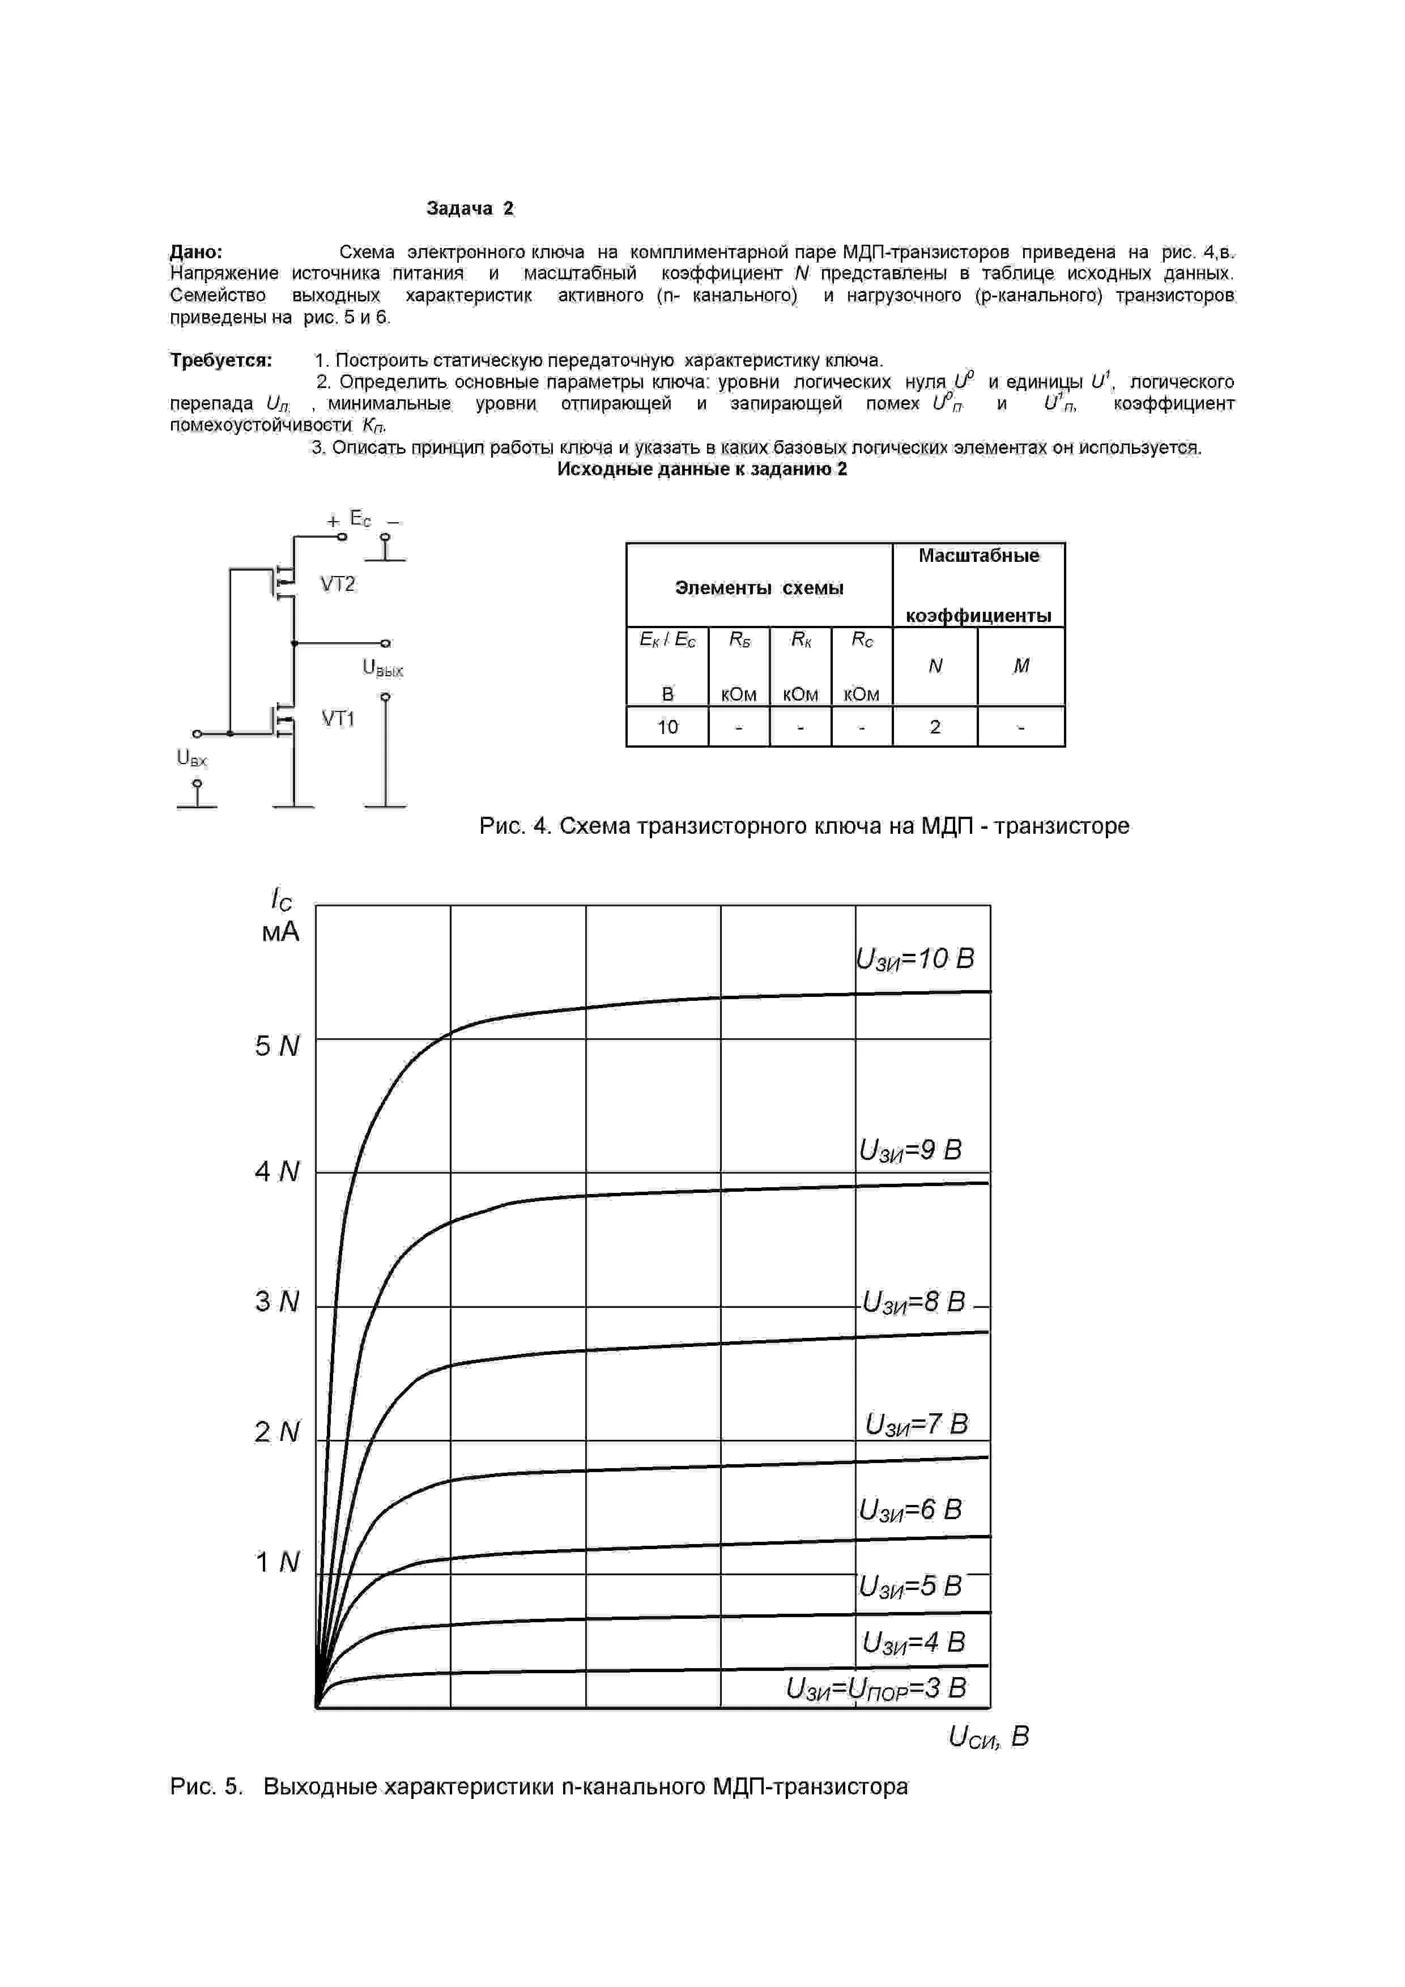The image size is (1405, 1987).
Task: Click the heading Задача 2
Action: (470, 208)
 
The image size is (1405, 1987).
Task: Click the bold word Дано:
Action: (197, 252)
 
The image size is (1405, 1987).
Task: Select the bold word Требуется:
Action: (221, 360)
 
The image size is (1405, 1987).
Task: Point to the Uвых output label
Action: (382, 669)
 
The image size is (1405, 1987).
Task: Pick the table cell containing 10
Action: (667, 727)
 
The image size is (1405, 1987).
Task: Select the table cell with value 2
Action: (935, 727)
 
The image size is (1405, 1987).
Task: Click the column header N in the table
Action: (935, 666)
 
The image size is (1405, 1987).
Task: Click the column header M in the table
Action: (1021, 666)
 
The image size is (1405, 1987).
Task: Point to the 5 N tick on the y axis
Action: (277, 1046)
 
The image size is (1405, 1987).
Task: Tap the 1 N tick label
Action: (277, 1562)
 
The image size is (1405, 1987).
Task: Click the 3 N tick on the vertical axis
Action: (277, 1302)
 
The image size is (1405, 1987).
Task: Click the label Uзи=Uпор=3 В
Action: (875, 1688)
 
